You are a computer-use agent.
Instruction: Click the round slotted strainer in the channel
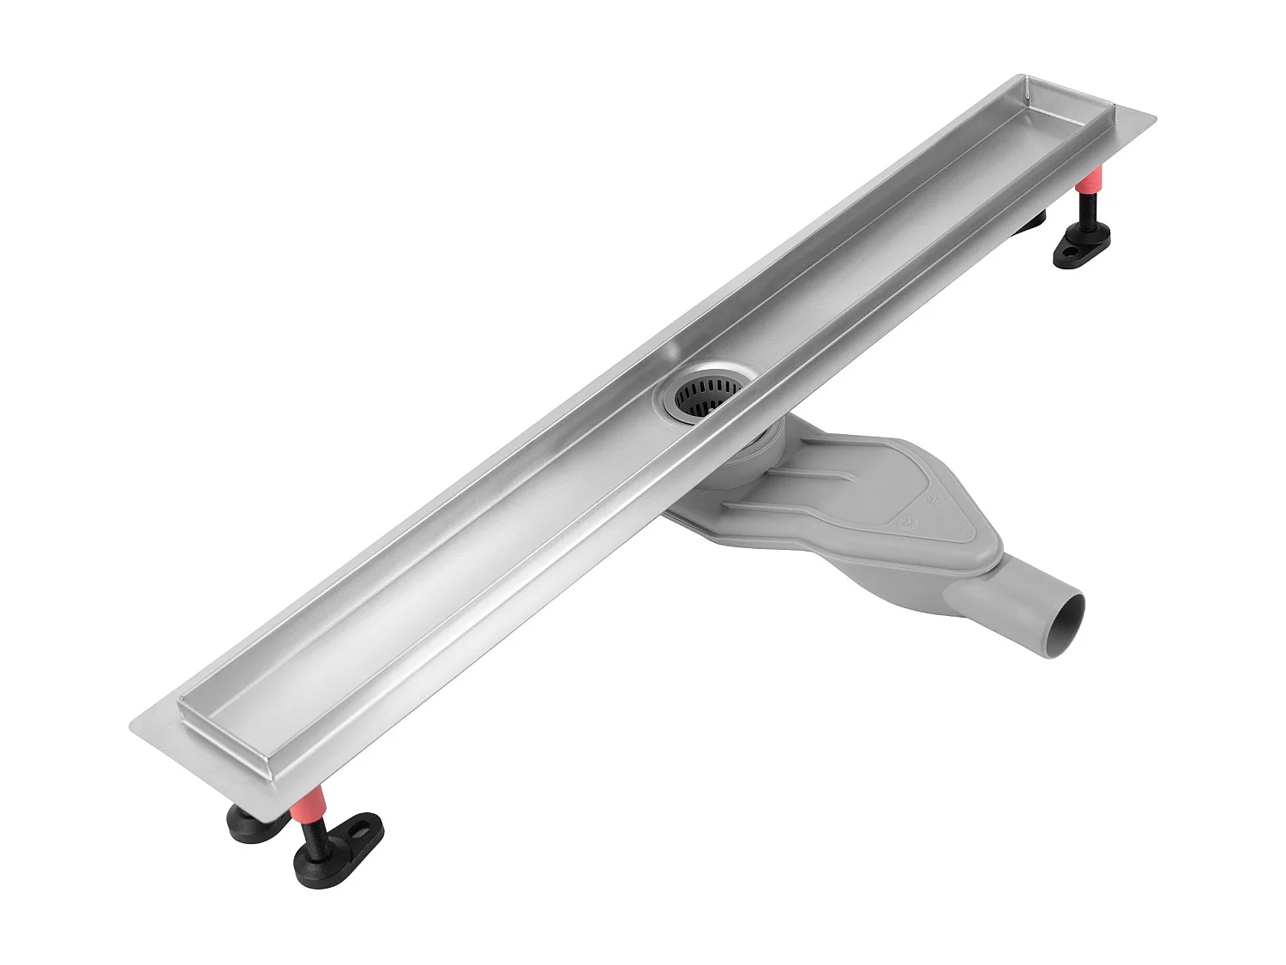coord(707,395)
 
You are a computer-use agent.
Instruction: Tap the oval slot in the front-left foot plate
coord(367,831)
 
